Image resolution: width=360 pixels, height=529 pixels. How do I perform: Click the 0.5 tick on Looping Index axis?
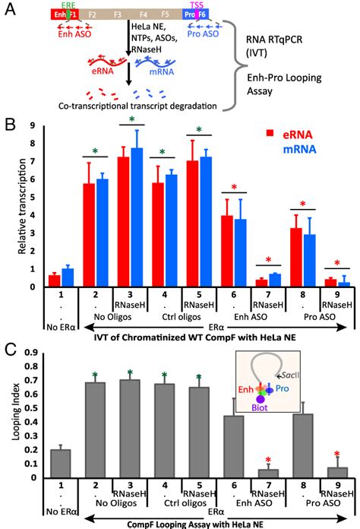coord(30,405)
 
